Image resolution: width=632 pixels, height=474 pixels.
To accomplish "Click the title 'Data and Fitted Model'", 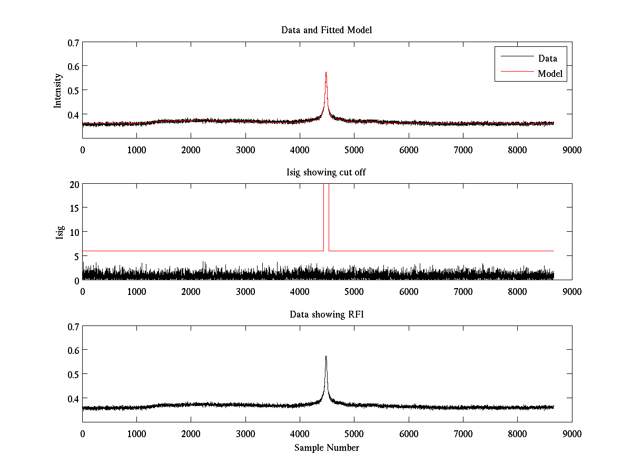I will pyautogui.click(x=327, y=30).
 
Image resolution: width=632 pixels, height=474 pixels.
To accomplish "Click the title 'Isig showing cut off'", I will pyautogui.click(x=327, y=172).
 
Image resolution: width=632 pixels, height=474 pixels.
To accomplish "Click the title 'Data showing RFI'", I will pyautogui.click(x=327, y=314).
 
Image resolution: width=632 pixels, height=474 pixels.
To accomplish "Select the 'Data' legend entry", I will pyautogui.click(x=547, y=58).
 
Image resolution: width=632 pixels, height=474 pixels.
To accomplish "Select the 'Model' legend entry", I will pyautogui.click(x=550, y=74).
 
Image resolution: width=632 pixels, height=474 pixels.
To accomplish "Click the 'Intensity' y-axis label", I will pyautogui.click(x=58, y=91).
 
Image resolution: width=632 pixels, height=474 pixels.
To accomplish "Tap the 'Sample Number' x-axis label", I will pyautogui.click(x=327, y=448).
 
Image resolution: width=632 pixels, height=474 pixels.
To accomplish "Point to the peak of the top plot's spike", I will pyautogui.click(x=326, y=73).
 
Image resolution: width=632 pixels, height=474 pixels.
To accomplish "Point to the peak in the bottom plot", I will pyautogui.click(x=326, y=357).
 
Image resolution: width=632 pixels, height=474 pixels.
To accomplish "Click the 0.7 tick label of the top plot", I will pyautogui.click(x=73, y=42).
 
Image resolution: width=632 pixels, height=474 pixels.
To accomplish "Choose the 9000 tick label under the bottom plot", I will pyautogui.click(x=571, y=433).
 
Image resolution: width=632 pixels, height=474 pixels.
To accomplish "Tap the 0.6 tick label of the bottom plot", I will pyautogui.click(x=73, y=350).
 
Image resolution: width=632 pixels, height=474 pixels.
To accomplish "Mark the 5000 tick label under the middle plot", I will pyautogui.click(x=354, y=291).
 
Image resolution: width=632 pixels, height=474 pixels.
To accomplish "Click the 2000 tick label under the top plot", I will pyautogui.click(x=191, y=150).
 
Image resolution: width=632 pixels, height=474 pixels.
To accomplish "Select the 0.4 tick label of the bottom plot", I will pyautogui.click(x=73, y=398).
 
